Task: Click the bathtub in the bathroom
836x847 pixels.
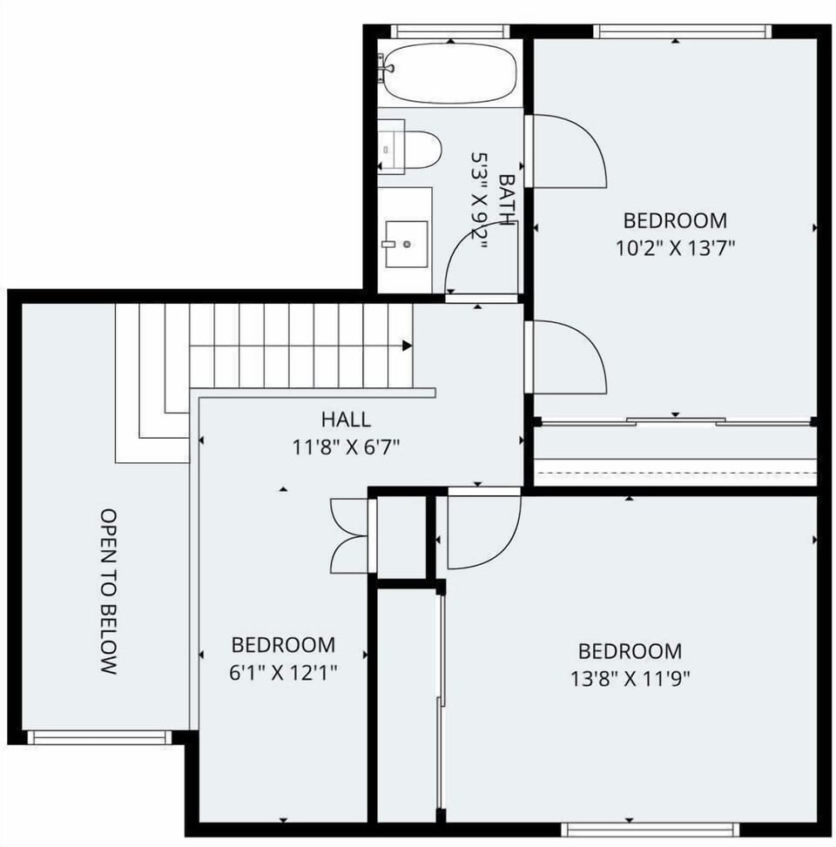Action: [x=448, y=73]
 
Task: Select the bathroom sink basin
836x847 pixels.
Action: [x=406, y=244]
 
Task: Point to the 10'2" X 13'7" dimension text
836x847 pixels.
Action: [x=675, y=247]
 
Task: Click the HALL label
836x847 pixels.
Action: [x=346, y=420]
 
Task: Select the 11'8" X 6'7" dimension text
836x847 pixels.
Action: [x=346, y=447]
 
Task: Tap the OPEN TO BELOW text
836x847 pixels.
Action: [x=108, y=592]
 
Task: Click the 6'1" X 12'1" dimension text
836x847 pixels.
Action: [x=283, y=672]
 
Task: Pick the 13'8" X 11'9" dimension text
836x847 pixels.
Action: [x=630, y=677]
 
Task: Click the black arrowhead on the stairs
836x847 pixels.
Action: [x=407, y=346]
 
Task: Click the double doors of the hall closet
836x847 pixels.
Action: [x=350, y=535]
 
